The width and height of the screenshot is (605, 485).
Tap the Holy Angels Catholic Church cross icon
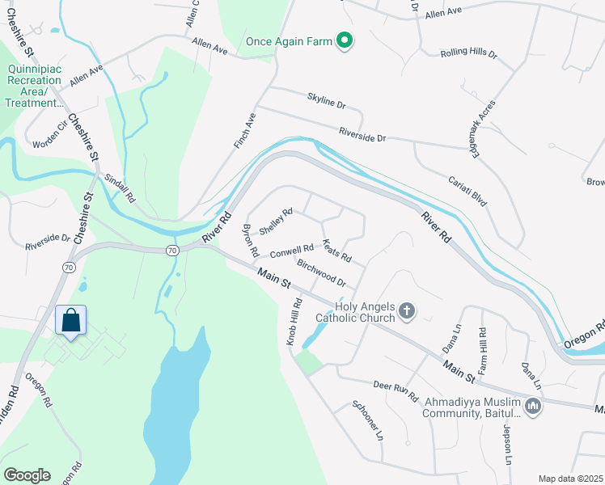click(x=408, y=310)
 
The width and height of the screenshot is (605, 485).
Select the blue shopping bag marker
click(x=71, y=320)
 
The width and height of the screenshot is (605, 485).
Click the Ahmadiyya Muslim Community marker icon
click(x=532, y=407)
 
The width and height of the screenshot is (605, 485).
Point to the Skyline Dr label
click(x=326, y=102)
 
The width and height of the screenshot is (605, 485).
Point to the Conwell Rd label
click(x=291, y=252)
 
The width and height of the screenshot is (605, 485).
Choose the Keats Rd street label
click(x=336, y=251)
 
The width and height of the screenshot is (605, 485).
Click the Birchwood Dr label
click(x=321, y=273)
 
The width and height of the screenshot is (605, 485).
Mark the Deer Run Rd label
click(x=395, y=391)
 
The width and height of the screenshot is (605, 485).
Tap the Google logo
click(x=27, y=475)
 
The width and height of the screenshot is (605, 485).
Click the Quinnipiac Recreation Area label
click(x=34, y=86)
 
